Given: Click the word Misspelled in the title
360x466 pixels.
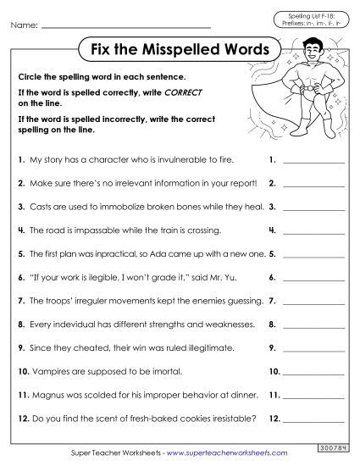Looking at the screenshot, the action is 180,49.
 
